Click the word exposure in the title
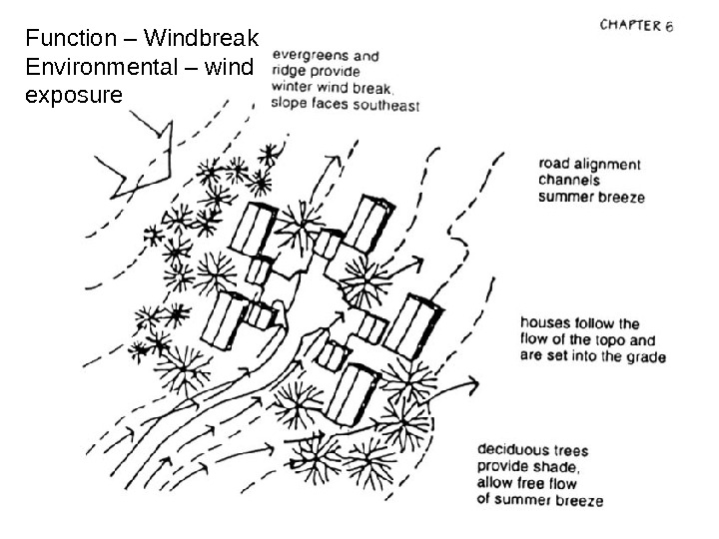pos(73,97)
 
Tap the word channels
pos(569,181)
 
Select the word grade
pos(644,355)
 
